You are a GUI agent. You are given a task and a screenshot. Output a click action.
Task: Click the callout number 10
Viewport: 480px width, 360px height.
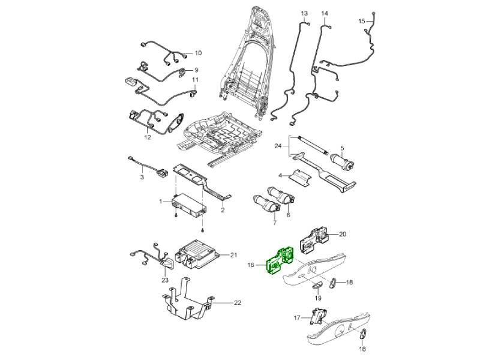tap(198, 53)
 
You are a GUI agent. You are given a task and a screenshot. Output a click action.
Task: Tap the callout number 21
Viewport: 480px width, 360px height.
tap(233, 256)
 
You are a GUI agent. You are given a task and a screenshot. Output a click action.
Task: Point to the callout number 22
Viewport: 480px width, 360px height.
tap(237, 303)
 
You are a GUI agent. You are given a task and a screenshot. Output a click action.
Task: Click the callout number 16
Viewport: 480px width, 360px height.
tap(251, 263)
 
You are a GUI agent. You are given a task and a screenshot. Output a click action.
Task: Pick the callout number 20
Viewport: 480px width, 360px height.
tap(343, 234)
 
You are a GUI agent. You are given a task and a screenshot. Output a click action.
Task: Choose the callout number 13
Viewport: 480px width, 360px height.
tap(304, 13)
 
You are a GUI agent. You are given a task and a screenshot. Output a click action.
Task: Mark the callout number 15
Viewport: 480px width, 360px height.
tap(362, 21)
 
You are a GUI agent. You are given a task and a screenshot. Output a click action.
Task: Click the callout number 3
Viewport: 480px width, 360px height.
tap(142, 178)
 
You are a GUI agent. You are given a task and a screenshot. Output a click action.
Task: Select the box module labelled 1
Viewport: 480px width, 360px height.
tap(189, 205)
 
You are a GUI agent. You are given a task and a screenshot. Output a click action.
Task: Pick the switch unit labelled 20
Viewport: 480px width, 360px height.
tap(319, 236)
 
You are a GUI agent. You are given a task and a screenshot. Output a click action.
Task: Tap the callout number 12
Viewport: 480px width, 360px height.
tap(147, 137)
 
